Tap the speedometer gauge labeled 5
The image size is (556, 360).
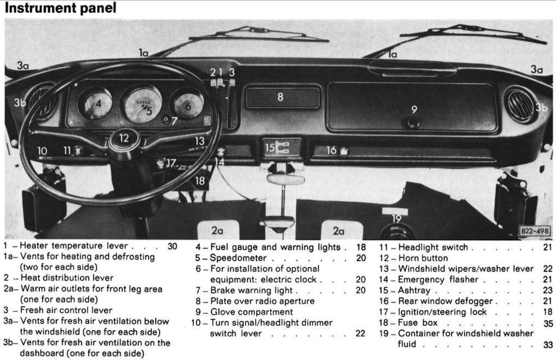point(142,104)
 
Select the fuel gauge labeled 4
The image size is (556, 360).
point(96,103)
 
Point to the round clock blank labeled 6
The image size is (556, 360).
point(188,104)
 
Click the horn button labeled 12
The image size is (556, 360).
point(125,139)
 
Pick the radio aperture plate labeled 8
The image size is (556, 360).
point(282,97)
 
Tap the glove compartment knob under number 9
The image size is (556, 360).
point(413,122)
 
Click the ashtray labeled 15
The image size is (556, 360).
point(282,147)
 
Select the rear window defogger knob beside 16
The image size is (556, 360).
point(344,151)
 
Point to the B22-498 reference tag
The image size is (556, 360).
point(534,231)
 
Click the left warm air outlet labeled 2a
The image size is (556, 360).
point(218,230)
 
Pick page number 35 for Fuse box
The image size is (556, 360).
point(547,323)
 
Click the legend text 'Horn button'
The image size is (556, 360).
point(423,258)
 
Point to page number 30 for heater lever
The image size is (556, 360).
point(172,246)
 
